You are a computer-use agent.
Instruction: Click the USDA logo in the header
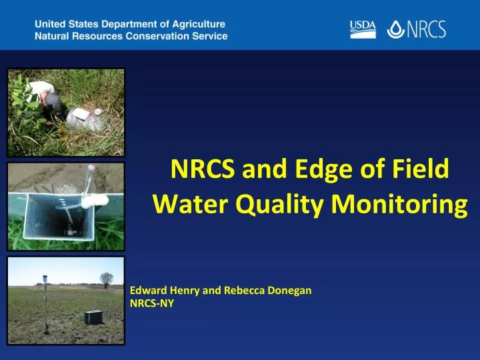(x=363, y=29)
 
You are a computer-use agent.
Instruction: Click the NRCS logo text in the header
(x=425, y=29)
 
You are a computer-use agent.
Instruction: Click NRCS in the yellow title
(x=202, y=170)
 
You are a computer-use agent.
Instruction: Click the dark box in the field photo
(x=93, y=317)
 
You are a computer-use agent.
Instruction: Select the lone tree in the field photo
(x=106, y=279)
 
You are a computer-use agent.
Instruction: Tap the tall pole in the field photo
(x=45, y=303)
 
